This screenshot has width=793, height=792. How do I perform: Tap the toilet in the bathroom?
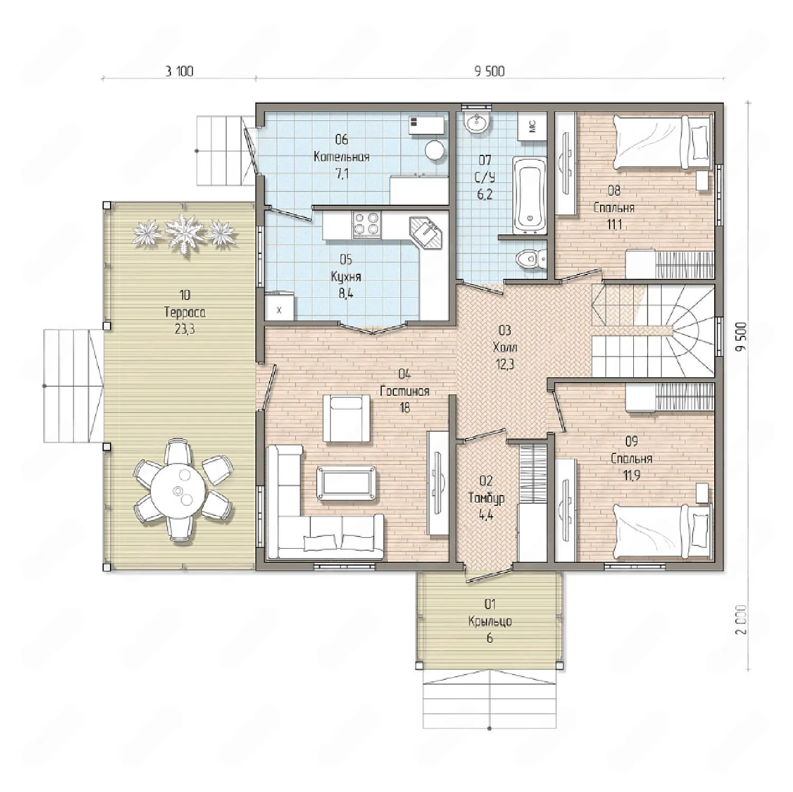tap(531, 258)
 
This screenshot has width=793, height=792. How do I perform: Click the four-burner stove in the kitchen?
tap(366, 223)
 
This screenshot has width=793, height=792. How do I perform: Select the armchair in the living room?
tap(346, 418)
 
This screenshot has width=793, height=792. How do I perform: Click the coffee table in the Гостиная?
tap(347, 482)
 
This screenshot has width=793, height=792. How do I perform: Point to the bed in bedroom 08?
tap(662, 141)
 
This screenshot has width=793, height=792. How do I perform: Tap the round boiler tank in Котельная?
tap(435, 150)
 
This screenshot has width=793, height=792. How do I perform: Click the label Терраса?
tap(185, 312)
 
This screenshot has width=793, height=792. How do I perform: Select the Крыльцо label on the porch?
tap(490, 621)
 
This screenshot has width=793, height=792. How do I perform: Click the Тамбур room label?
tap(486, 498)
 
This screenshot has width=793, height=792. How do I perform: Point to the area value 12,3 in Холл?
tap(505, 364)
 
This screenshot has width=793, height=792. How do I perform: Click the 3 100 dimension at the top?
tap(179, 71)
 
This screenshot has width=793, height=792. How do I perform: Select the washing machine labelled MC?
tap(532, 126)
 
